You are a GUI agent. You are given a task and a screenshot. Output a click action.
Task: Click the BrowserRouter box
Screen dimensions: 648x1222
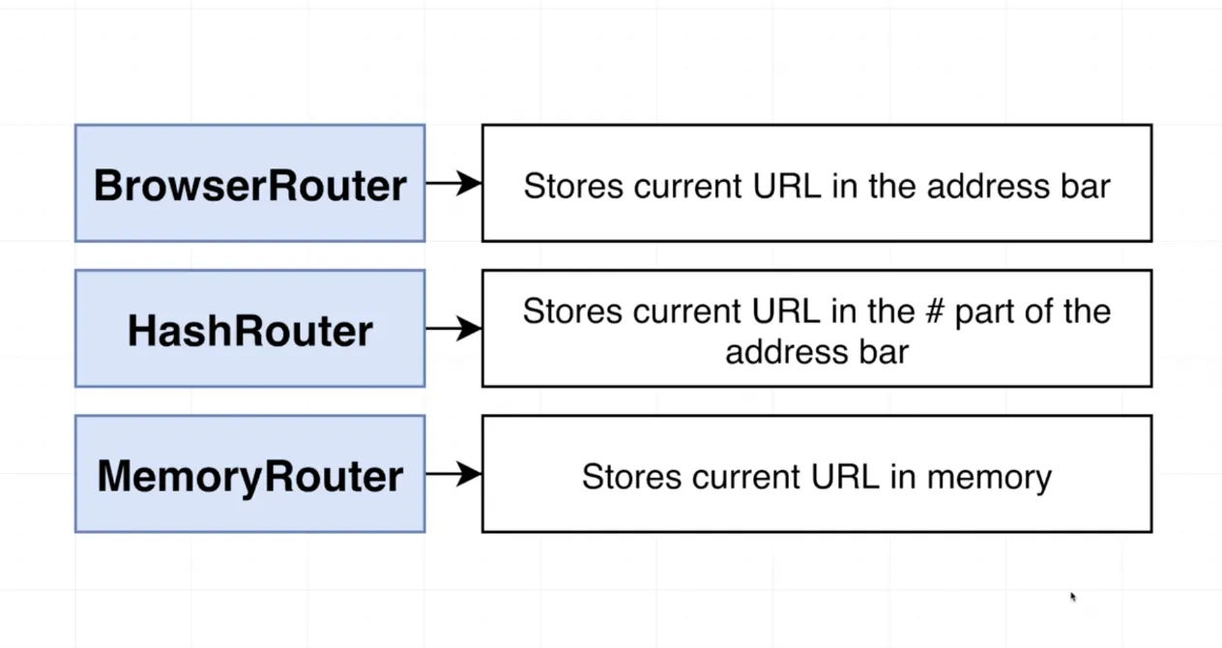click(x=249, y=184)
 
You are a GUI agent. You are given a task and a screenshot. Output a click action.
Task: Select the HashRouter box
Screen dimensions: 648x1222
click(x=249, y=330)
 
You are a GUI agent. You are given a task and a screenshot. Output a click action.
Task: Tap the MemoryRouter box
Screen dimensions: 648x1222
click(x=249, y=475)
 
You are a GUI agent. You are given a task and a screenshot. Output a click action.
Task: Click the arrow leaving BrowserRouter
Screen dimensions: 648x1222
click(x=453, y=183)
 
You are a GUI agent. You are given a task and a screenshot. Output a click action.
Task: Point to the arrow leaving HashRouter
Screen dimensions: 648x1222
click(x=453, y=329)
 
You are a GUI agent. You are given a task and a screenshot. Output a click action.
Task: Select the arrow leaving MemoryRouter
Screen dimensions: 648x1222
click(x=453, y=474)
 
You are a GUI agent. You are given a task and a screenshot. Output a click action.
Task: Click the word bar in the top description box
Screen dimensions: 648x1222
click(x=1086, y=186)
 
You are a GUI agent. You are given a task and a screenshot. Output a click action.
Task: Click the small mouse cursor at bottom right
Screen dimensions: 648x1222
click(x=1073, y=598)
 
